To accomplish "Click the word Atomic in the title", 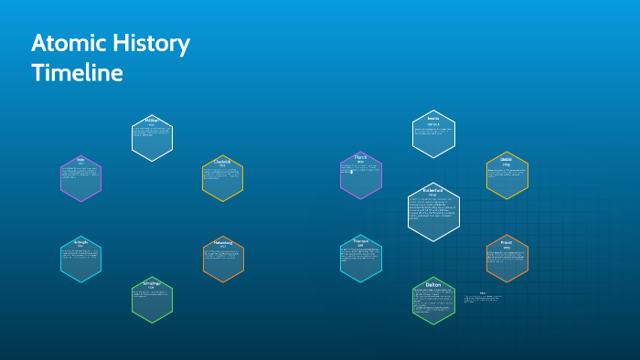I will (65, 43).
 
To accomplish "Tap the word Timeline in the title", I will (77, 73).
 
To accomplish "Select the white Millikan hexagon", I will (152, 138).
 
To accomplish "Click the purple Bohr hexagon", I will (80, 178).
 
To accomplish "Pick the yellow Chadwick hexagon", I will (222, 178).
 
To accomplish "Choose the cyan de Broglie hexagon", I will (80, 259).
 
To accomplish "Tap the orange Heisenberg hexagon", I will (223, 259).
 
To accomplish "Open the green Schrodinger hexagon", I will (152, 301).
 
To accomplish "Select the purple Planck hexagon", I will (361, 175).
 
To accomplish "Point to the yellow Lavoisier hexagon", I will (507, 175).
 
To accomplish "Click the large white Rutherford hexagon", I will (433, 212).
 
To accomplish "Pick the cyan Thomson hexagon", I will (361, 258).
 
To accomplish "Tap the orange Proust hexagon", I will (507, 259).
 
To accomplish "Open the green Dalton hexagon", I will (433, 301).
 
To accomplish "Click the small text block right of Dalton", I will (483, 299).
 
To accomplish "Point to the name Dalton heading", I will (433, 285).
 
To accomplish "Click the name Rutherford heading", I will (433, 190).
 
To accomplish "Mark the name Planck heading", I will (361, 157).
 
